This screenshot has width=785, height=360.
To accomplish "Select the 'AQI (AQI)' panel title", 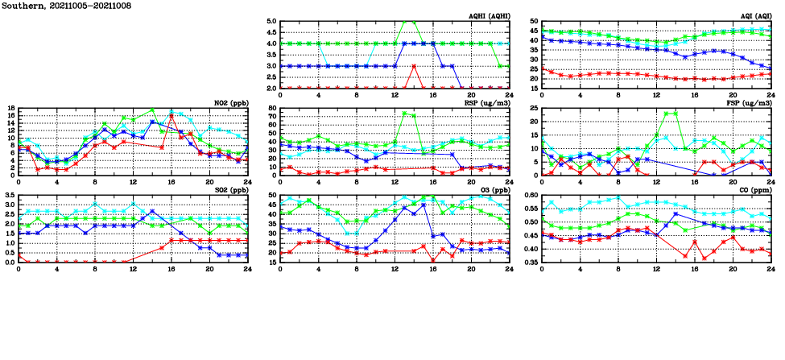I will pyautogui.click(x=755, y=15).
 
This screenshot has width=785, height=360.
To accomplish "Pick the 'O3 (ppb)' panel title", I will pyautogui.click(x=494, y=189).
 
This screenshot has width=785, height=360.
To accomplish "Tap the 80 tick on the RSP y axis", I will pyautogui.click(x=272, y=108).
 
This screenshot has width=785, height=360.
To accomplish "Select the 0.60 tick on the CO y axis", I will pyautogui.click(x=531, y=195).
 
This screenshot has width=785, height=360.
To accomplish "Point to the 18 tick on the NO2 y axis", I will pyautogui.click(x=10, y=108).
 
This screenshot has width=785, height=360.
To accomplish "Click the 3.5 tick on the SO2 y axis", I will pyautogui.click(x=9, y=195).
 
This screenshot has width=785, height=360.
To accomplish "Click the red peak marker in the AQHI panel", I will pyautogui.click(x=414, y=66).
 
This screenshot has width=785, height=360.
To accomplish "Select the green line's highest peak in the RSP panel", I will pyautogui.click(x=404, y=114).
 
